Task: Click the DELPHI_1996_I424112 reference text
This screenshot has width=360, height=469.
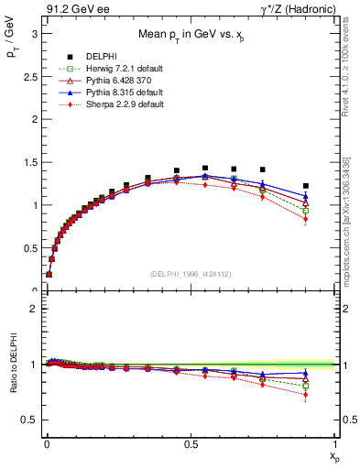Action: (x=191, y=273)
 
